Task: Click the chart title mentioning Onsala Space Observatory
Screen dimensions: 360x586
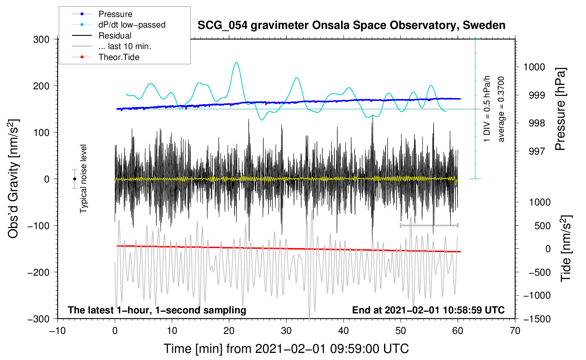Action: click(x=351, y=25)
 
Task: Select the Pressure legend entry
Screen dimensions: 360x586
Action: click(x=115, y=14)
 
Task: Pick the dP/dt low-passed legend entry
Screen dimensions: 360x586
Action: click(x=132, y=25)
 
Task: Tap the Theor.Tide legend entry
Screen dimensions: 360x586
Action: click(x=119, y=57)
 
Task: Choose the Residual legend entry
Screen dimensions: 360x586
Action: click(x=115, y=36)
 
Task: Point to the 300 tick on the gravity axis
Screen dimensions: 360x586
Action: click(x=41, y=40)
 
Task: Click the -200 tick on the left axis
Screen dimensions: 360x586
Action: click(x=39, y=272)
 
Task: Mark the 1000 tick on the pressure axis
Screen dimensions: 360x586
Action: click(x=534, y=67)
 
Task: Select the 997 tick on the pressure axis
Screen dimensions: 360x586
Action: click(x=537, y=151)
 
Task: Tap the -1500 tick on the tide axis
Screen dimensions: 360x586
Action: click(x=537, y=319)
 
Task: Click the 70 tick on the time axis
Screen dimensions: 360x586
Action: click(x=515, y=331)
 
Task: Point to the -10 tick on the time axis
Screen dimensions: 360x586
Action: click(x=58, y=331)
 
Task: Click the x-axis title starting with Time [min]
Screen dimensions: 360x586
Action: click(x=286, y=349)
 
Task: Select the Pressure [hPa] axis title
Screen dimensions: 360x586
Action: click(x=560, y=109)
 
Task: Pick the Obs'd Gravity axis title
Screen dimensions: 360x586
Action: click(x=13, y=179)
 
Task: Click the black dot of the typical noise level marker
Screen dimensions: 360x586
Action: click(x=74, y=179)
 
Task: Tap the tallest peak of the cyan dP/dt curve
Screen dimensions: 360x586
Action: click(x=236, y=63)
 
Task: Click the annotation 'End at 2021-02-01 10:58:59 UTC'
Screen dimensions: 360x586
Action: click(x=428, y=310)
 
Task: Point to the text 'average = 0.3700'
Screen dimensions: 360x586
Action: click(x=501, y=109)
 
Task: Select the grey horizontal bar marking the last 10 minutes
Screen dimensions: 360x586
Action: click(x=429, y=225)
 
